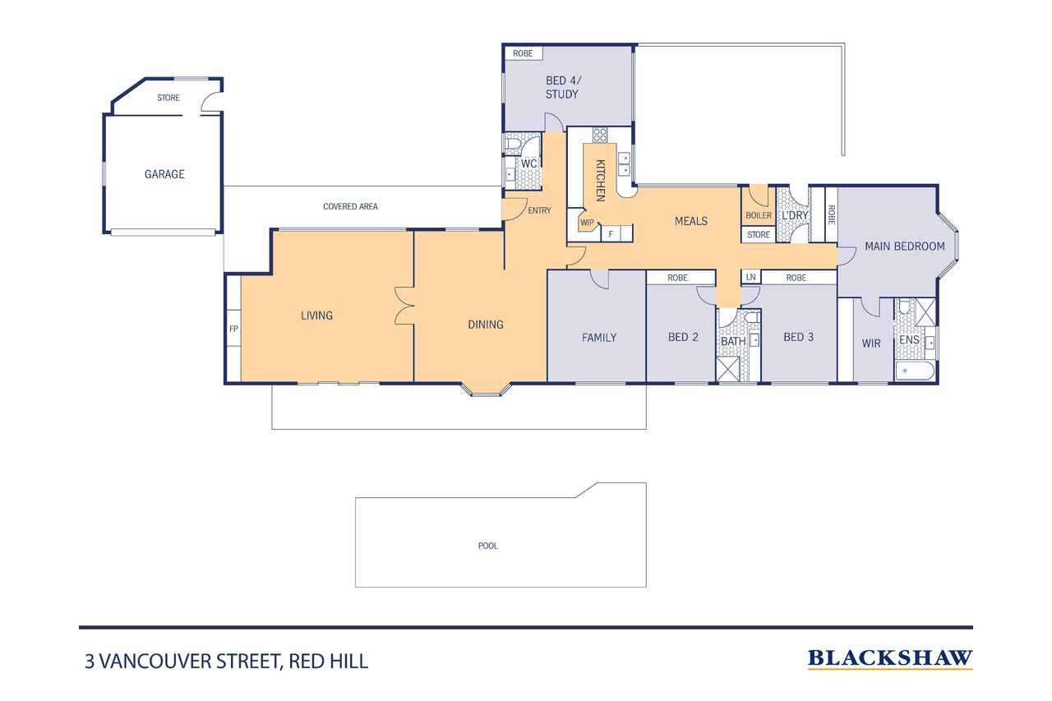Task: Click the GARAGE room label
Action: click(164, 174)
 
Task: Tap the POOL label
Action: click(488, 546)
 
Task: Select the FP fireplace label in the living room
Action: click(233, 329)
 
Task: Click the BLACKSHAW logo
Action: click(890, 659)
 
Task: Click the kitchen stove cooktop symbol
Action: click(600, 136)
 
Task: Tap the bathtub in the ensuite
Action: click(915, 371)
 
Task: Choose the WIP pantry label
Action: click(587, 223)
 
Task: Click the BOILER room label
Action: click(759, 215)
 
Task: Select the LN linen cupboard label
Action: click(751, 277)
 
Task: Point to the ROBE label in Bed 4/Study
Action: click(523, 53)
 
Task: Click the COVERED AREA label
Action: click(350, 206)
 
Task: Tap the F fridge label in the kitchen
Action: click(611, 233)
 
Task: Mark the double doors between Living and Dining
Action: click(404, 306)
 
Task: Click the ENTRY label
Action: click(539, 210)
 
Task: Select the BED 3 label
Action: click(798, 337)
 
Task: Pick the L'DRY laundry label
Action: click(795, 215)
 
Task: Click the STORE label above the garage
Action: click(168, 98)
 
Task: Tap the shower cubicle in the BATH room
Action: click(727, 369)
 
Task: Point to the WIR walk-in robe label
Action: click(871, 344)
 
